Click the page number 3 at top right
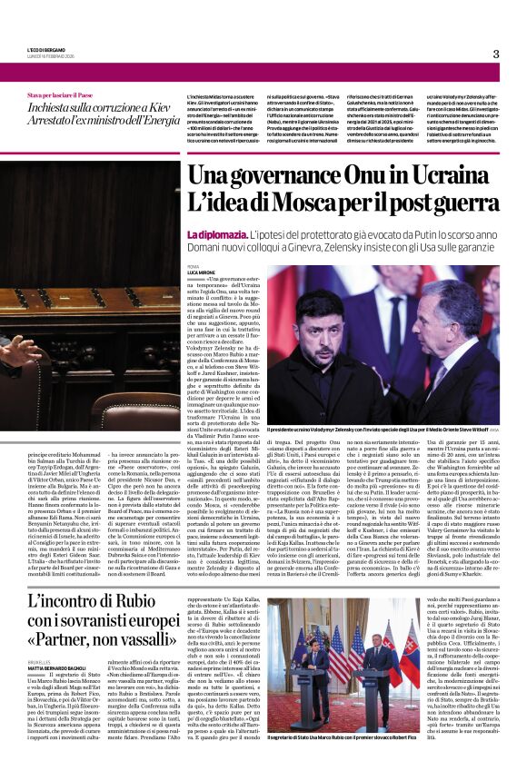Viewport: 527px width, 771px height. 496,54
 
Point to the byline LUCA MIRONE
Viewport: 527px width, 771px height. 202,272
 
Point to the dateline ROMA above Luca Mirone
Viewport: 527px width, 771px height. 194,266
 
